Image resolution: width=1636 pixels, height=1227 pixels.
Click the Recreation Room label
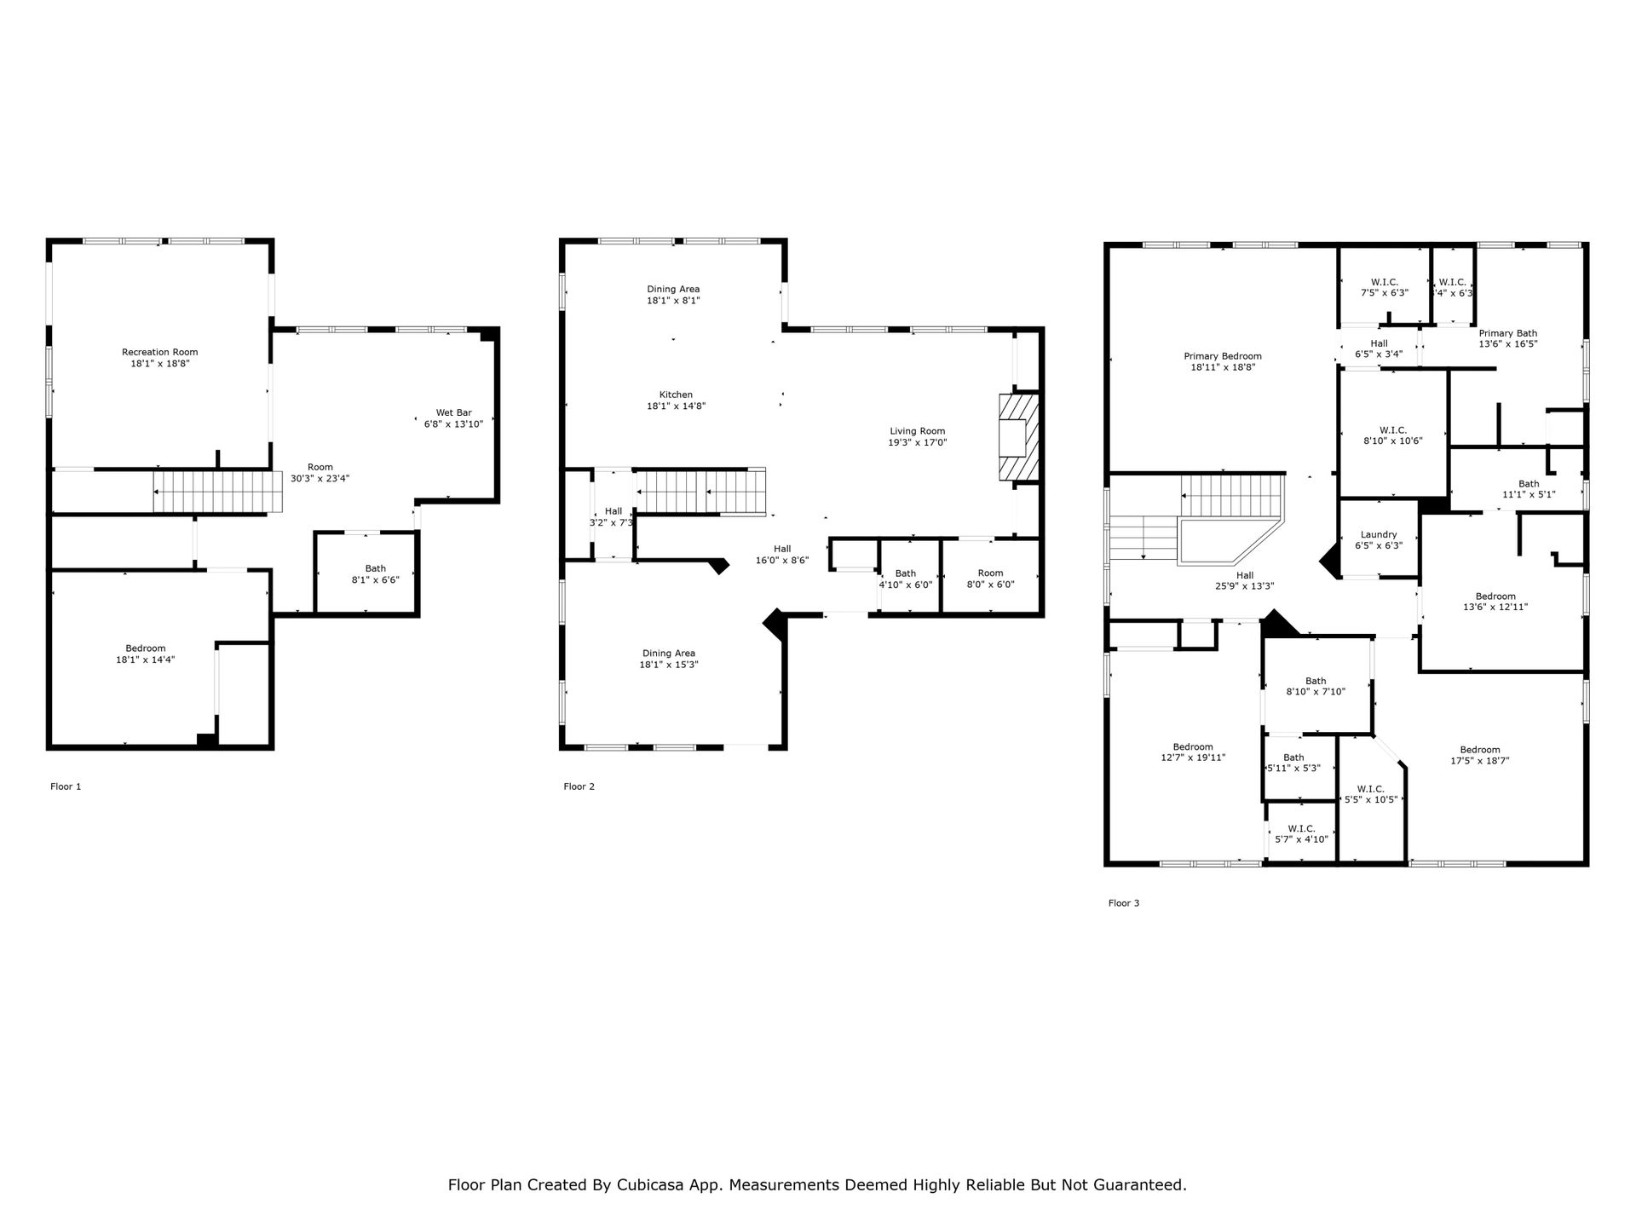[160, 352]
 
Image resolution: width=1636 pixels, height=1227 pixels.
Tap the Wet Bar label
[453, 412]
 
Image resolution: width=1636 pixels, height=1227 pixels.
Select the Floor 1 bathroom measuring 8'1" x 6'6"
[367, 573]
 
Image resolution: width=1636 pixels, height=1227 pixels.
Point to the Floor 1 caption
[66, 786]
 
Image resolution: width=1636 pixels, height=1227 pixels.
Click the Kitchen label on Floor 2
[676, 395]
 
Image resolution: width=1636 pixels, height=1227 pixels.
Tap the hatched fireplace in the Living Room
[1019, 438]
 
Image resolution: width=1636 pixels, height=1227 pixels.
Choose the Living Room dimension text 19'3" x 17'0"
[918, 442]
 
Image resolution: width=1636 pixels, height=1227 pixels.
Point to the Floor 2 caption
[579, 786]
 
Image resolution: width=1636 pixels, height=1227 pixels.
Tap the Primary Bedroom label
[1223, 356]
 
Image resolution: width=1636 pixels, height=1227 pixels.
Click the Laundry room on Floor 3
[1379, 539]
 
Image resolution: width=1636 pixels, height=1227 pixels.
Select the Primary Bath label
[1508, 333]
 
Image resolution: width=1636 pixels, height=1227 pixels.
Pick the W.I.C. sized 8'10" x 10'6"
[1393, 434]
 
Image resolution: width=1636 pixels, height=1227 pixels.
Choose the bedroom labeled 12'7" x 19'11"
[1193, 752]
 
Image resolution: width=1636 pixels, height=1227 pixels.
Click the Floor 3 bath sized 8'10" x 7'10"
[1316, 686]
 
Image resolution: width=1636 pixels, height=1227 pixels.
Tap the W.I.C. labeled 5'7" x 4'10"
[1301, 833]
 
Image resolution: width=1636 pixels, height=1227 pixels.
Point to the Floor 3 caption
[1124, 903]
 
